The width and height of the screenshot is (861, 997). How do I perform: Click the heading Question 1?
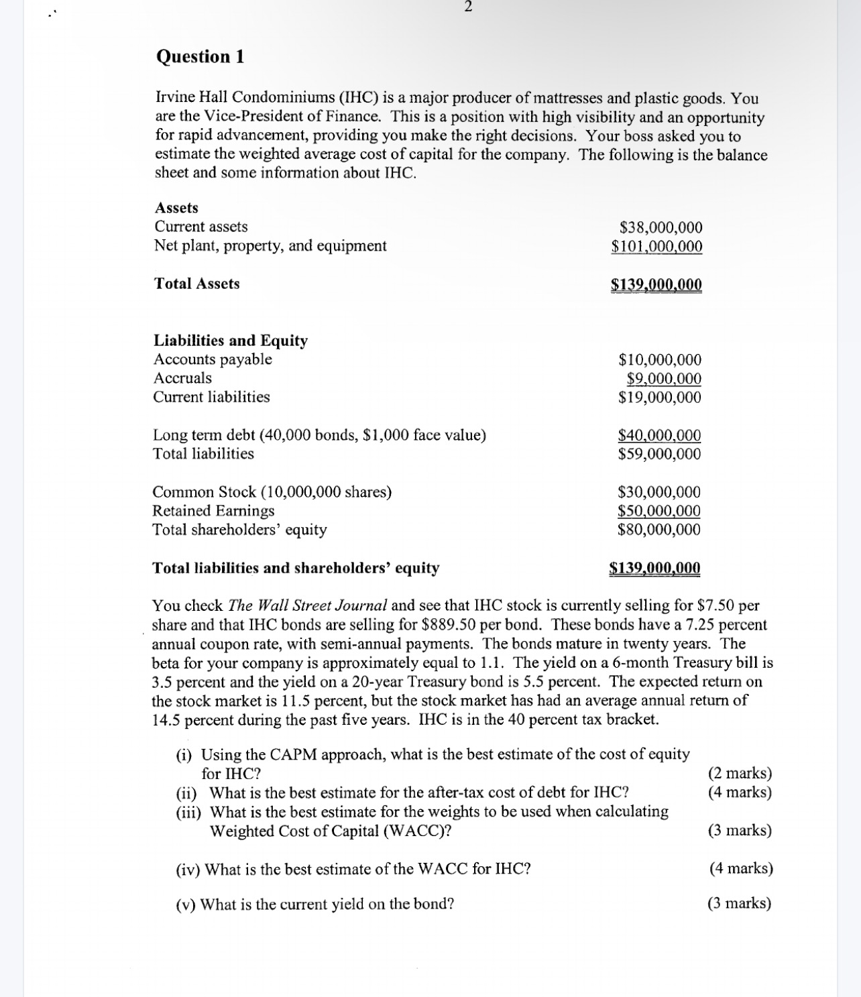tap(200, 57)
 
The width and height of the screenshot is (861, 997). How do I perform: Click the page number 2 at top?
tap(468, 7)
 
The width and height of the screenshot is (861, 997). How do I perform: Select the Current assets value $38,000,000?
tap(661, 227)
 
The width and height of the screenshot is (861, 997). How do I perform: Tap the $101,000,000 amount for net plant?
tap(656, 246)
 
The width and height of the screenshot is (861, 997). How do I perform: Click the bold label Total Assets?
tap(196, 284)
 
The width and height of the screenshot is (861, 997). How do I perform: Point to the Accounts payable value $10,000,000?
tap(659, 360)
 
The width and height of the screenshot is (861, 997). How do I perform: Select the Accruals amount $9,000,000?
tap(663, 379)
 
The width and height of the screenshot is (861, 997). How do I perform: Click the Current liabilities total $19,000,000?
tap(659, 398)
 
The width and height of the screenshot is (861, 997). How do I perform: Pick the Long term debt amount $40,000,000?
tap(658, 436)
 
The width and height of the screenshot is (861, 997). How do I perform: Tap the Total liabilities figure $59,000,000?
tap(658, 454)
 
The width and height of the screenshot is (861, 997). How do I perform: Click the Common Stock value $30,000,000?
tap(658, 492)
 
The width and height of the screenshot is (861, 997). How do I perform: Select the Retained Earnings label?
tap(213, 511)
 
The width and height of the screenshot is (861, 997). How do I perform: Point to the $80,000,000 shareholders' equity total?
tap(658, 530)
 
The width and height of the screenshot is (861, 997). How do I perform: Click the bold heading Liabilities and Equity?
tap(231, 341)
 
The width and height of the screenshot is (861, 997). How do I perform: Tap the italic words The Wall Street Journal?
tap(308, 605)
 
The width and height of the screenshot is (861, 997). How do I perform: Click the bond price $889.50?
tap(449, 625)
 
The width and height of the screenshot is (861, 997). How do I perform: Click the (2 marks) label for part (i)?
tap(740, 773)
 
